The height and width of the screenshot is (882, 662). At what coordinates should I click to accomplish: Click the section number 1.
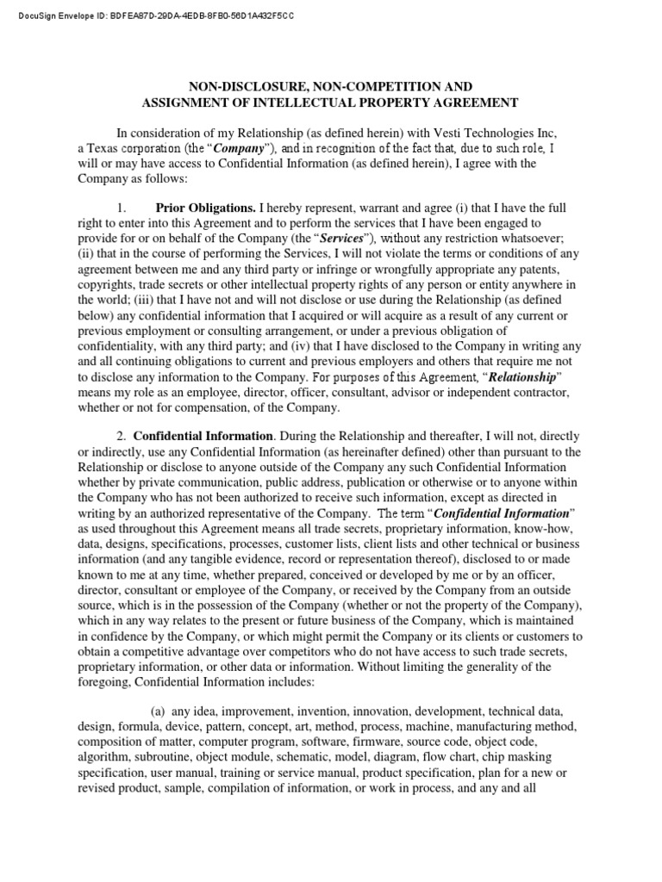coord(122,208)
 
